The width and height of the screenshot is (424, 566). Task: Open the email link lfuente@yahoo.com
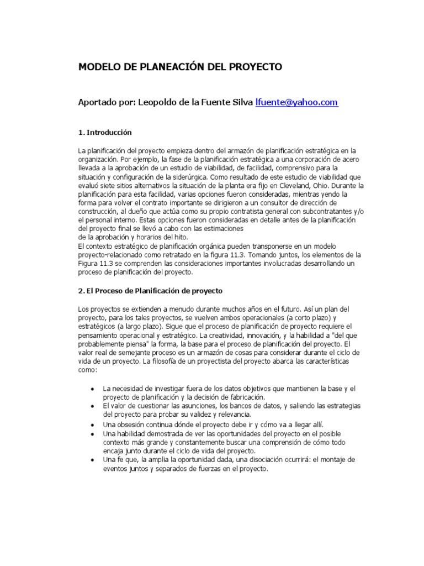[296, 103]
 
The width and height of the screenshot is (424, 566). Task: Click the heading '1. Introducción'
[105, 133]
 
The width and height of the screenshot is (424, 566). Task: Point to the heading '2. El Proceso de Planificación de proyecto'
[150, 290]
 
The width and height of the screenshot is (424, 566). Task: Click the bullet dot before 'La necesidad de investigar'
[92, 389]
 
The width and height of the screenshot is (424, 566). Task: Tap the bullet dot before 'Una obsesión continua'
[92, 425]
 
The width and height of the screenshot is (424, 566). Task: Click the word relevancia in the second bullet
[231, 414]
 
